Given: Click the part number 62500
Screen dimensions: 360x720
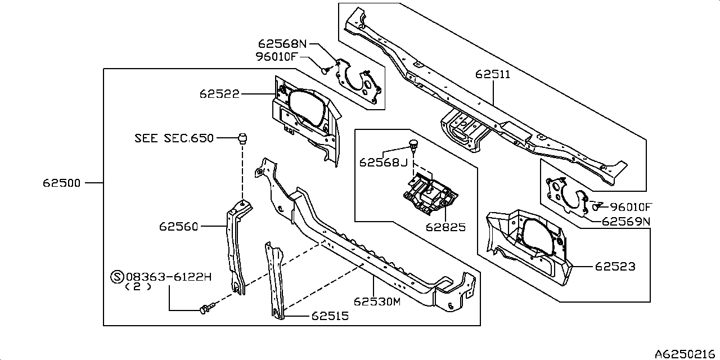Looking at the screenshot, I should [x=62, y=183].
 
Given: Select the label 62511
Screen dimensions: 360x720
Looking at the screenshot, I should [x=493, y=74].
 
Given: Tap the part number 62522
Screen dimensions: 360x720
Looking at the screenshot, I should [x=219, y=94].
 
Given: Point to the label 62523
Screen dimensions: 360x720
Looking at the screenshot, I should [x=616, y=266].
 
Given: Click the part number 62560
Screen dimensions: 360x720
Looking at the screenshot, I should [x=178, y=227].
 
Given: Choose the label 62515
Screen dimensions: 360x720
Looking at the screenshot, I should [x=329, y=316].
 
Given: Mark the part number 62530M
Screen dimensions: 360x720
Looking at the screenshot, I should [x=377, y=301].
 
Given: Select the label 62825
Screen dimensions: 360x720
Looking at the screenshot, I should [x=445, y=227].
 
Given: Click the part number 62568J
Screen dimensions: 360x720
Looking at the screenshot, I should [x=383, y=163].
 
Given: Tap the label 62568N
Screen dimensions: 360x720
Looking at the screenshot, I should [x=283, y=43].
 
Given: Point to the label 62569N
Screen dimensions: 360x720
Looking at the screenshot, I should [x=625, y=221].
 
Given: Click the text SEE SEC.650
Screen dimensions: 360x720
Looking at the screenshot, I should [x=174, y=138].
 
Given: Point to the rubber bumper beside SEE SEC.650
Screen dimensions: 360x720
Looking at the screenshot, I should [x=242, y=138].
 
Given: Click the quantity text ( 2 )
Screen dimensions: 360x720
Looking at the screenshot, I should [x=138, y=286].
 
